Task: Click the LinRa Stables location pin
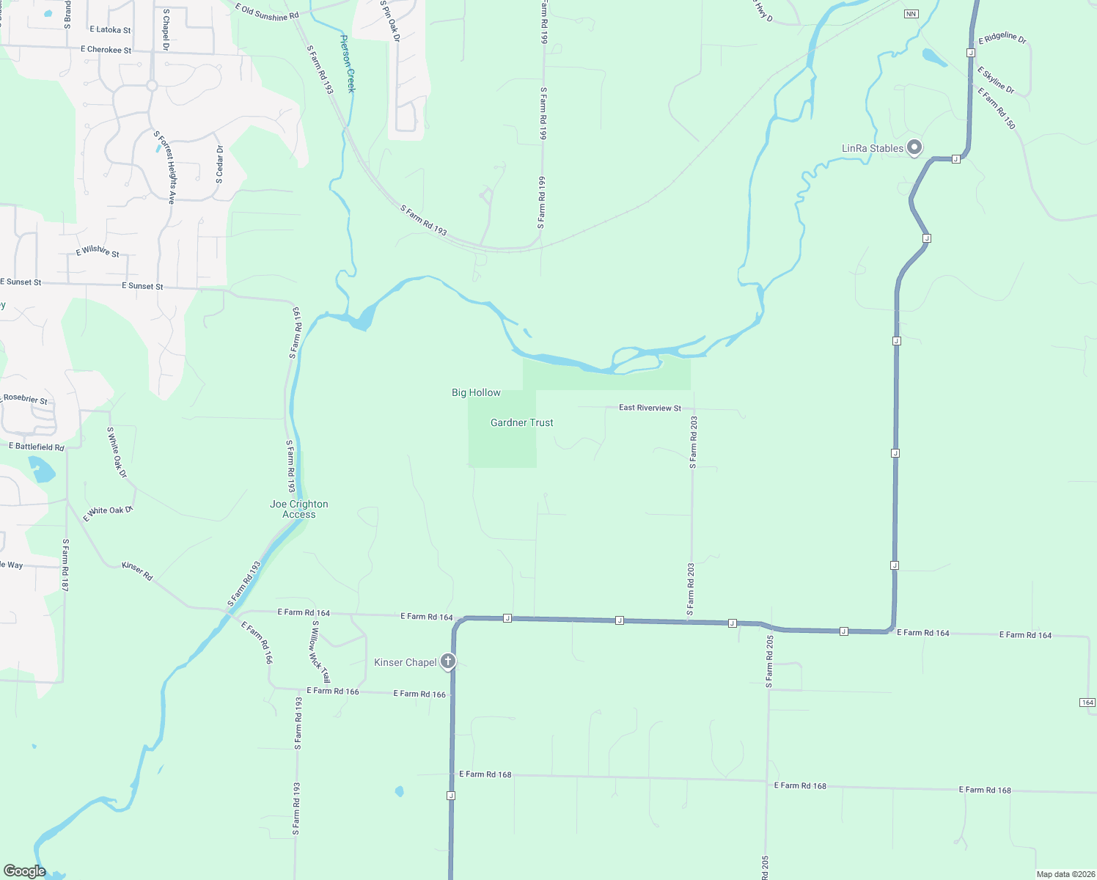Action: [914, 147]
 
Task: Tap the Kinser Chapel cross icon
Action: [447, 661]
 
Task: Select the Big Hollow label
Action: [476, 393]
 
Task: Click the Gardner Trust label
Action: [521, 423]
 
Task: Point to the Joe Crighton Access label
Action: [299, 509]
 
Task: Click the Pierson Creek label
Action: [348, 64]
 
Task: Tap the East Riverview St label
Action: [650, 408]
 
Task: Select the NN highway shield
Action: [911, 14]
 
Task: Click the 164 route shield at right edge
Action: [1087, 703]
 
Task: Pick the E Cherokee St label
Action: [106, 50]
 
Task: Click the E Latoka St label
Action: [110, 30]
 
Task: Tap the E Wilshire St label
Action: [98, 252]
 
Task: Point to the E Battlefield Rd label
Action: [37, 447]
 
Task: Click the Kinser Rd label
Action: [137, 571]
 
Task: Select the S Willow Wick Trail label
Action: [320, 651]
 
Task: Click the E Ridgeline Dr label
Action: [1002, 37]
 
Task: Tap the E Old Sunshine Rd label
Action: [267, 12]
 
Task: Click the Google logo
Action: [24, 871]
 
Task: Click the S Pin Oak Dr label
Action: [390, 21]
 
